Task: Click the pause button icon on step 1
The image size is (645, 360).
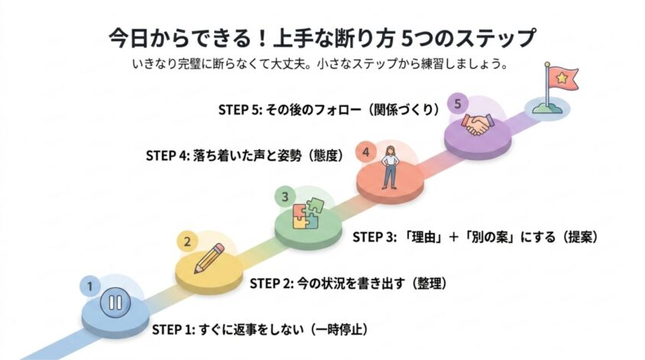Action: point(115,303)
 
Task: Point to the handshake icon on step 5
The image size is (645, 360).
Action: point(477,125)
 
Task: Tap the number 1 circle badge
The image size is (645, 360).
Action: point(89,287)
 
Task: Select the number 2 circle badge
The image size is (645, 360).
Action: point(187,242)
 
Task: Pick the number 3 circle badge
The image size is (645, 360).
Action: point(284,196)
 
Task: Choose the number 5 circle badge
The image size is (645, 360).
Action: point(458,104)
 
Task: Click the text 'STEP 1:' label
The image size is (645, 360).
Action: point(173,330)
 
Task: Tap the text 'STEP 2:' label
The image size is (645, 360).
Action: point(271,284)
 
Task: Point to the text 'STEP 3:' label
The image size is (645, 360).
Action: point(374,238)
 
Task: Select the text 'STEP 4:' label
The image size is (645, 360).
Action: point(167,156)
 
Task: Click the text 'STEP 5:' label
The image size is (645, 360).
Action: point(240,109)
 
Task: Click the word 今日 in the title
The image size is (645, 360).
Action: point(128,38)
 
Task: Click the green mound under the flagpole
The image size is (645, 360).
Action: point(547,109)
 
